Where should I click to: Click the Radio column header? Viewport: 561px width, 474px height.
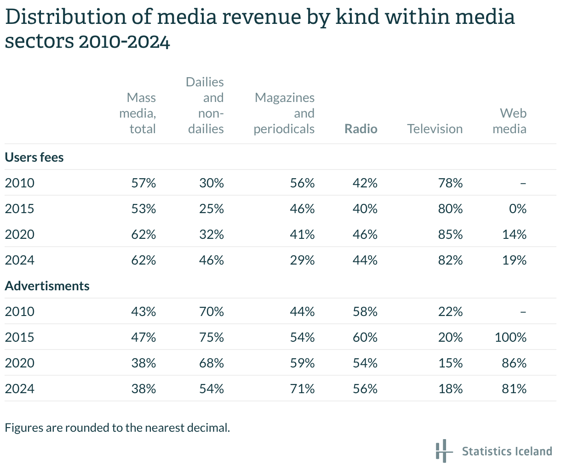[x=361, y=129]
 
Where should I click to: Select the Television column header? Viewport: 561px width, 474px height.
[x=435, y=129]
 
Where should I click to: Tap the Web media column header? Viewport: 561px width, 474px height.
[x=509, y=121]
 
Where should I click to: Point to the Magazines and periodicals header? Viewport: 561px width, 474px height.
[x=284, y=113]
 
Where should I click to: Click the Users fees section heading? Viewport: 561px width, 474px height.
[x=34, y=157]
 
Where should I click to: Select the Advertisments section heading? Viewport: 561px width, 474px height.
[x=47, y=286]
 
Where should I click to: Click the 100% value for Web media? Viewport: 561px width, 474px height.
[x=510, y=337]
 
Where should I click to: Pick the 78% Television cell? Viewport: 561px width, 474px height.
[x=450, y=183]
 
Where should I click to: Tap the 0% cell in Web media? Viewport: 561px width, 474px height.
[x=517, y=209]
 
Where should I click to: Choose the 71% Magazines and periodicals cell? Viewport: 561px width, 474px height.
[x=302, y=389]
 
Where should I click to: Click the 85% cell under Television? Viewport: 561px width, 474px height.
[x=450, y=234]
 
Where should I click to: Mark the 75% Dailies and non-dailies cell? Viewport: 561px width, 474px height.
[x=212, y=337]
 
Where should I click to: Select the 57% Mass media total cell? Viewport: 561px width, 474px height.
[x=143, y=183]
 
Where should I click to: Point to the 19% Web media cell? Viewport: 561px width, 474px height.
[x=514, y=260]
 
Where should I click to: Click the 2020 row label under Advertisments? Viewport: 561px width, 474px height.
[x=20, y=363]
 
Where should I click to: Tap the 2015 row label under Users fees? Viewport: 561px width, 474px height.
[x=20, y=209]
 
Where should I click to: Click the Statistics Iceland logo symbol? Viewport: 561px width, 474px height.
[x=442, y=451]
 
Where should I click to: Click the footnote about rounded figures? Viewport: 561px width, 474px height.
[x=117, y=428]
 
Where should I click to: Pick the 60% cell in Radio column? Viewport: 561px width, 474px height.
[x=365, y=337]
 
